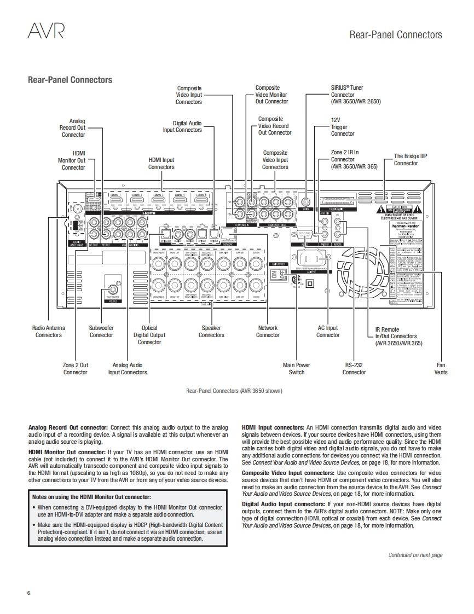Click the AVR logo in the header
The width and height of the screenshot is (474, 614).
pyautogui.click(x=46, y=32)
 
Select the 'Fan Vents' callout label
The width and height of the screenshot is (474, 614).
pyautogui.click(x=441, y=369)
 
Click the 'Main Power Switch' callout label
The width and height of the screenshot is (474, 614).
pyautogui.click(x=296, y=369)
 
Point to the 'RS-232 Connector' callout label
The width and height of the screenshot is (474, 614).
pyautogui.click(x=354, y=369)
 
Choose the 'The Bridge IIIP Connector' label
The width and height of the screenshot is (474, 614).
pyautogui.click(x=410, y=160)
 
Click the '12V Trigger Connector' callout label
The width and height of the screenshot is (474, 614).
pyautogui.click(x=342, y=126)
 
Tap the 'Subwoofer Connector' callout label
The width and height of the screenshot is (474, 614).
pyautogui.click(x=101, y=332)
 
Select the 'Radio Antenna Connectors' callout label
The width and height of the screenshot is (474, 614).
pyautogui.click(x=49, y=332)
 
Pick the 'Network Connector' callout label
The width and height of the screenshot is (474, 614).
pyautogui.click(x=268, y=332)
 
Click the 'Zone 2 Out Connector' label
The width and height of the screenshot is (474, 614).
pyautogui.click(x=76, y=369)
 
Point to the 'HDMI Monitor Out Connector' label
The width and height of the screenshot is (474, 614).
pyautogui.click(x=72, y=160)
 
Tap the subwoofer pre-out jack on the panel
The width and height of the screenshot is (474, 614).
pyautogui.click(x=114, y=288)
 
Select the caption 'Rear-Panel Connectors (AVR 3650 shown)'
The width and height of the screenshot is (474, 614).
pyautogui.click(x=234, y=391)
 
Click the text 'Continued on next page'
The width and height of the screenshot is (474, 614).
pyautogui.click(x=415, y=555)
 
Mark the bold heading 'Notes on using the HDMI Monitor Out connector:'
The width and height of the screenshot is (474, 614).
pyautogui.click(x=91, y=497)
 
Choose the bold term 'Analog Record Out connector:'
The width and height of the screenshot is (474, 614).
pyautogui.click(x=68, y=427)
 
